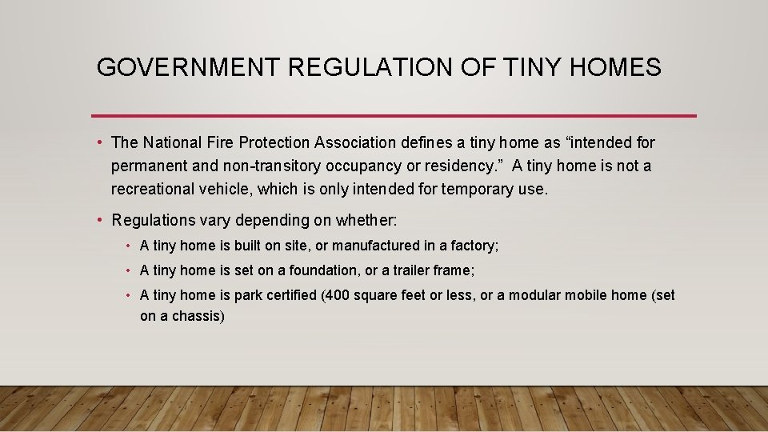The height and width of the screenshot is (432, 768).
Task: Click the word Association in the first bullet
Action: (355, 143)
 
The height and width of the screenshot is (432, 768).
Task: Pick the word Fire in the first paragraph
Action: (227, 143)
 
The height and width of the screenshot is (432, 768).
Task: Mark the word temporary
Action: (478, 190)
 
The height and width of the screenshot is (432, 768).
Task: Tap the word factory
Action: (475, 246)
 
